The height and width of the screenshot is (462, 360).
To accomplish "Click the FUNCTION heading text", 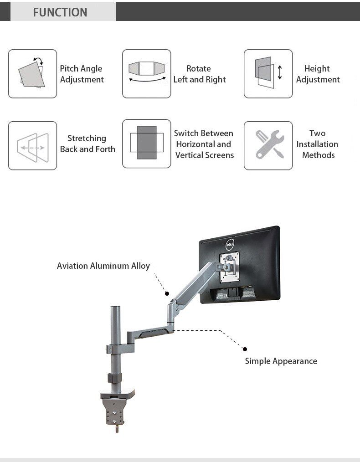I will point(60,12).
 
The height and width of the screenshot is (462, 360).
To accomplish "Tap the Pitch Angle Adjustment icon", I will point(32,74).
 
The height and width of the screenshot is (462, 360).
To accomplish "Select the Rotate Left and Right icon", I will point(147,74).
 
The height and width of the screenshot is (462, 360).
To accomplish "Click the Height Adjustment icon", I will point(268,74).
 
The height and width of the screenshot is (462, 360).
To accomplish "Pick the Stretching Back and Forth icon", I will point(32,146).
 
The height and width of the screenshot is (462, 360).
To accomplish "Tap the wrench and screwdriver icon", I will point(268,145).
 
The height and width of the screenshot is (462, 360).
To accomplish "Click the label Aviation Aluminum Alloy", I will point(103,266).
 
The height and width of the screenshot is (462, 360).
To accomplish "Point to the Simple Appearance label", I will point(281,361).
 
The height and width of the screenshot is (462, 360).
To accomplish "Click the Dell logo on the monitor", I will point(231,245).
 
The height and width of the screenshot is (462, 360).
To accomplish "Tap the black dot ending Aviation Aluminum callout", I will point(167,294).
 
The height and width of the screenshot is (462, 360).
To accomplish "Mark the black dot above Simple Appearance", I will point(245,349).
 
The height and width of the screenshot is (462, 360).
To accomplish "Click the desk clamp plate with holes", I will point(113,411).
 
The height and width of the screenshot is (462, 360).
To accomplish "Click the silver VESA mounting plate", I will point(229,269).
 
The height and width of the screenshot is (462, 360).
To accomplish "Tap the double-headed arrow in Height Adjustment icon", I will point(280,72).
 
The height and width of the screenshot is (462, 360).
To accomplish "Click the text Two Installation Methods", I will point(317,144).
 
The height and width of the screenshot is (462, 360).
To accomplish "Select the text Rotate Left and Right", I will point(199,74).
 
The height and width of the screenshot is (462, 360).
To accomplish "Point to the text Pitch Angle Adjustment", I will point(82,74).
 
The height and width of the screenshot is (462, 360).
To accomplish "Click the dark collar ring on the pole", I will point(115,378).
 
